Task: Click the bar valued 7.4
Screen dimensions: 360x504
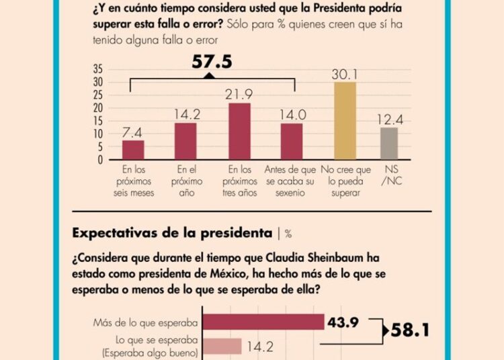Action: [x=133, y=150]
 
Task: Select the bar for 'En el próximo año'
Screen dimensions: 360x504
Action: [x=185, y=141]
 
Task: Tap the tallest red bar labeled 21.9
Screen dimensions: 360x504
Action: [x=239, y=132]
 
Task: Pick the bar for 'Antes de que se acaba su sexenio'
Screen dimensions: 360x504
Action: [x=292, y=142]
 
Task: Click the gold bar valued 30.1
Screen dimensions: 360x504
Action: [x=345, y=121]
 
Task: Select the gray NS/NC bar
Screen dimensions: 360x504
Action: [x=389, y=144]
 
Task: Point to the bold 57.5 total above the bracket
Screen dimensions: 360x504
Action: [x=212, y=62]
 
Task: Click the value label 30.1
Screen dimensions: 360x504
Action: [x=345, y=75]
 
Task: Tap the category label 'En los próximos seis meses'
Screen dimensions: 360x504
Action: [x=138, y=181]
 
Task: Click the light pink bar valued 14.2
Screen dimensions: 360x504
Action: [x=222, y=346]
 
